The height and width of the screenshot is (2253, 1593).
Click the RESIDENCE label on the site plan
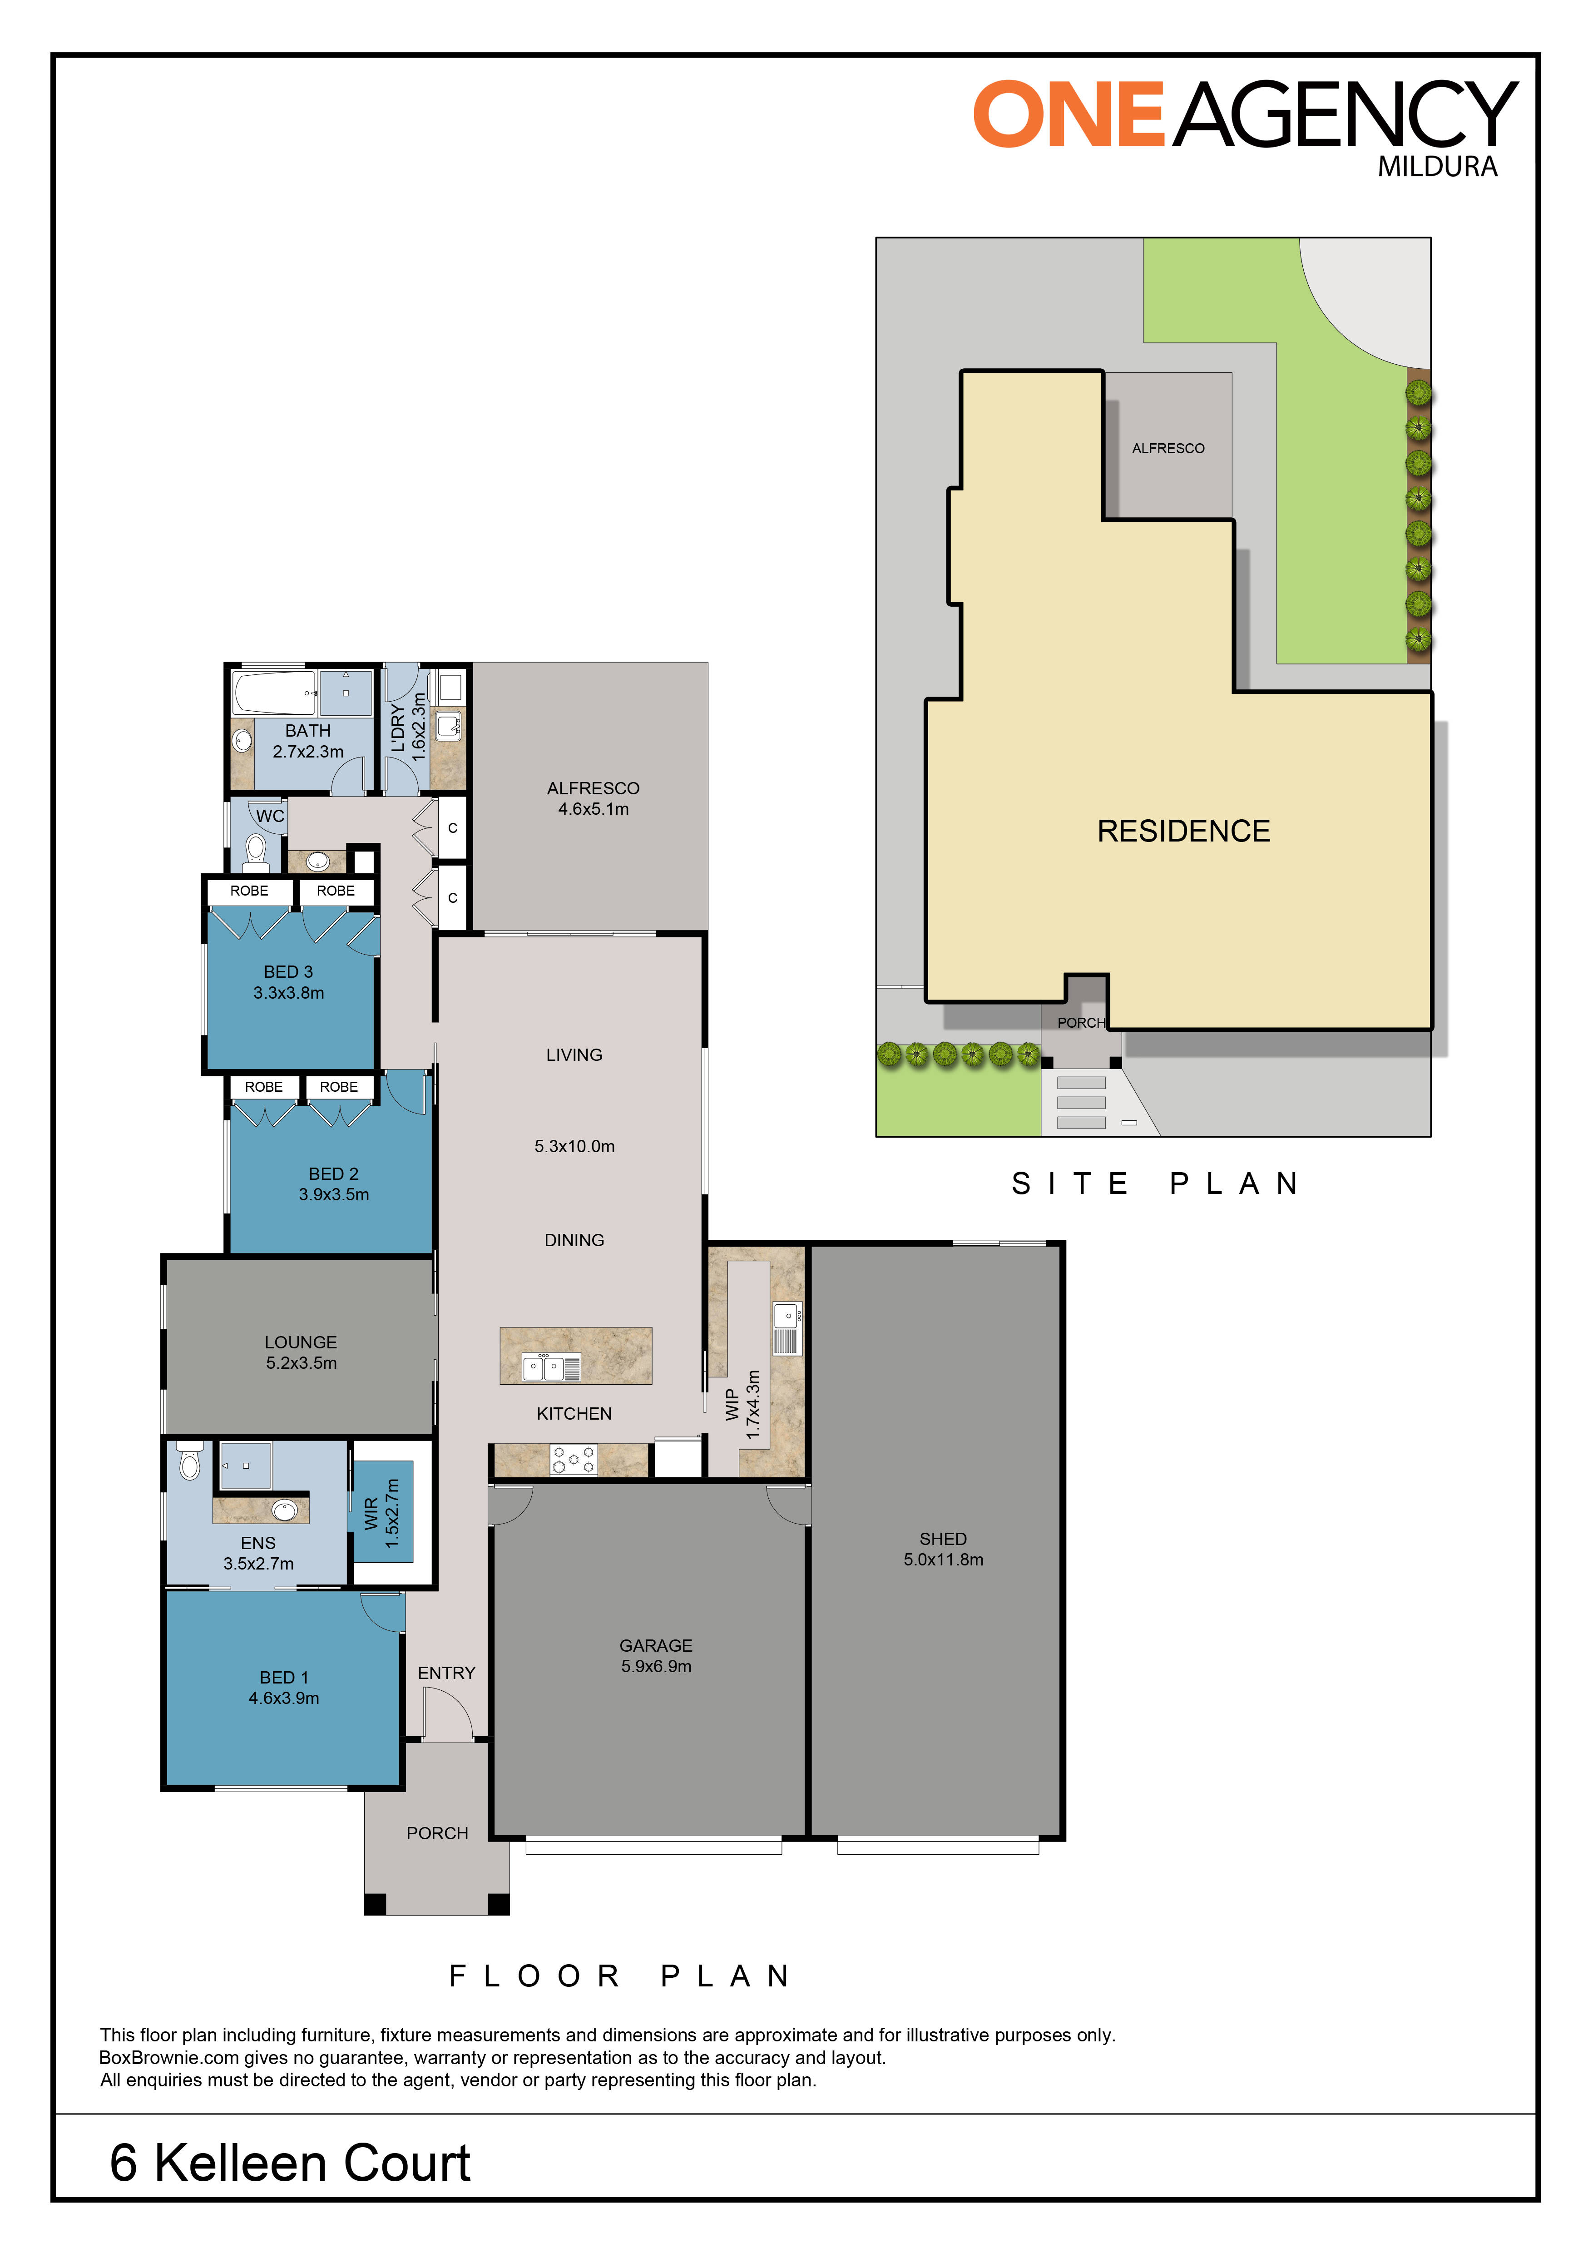1183,831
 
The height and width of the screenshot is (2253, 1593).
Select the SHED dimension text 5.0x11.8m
943,1559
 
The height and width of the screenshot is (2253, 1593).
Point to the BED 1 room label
283,1677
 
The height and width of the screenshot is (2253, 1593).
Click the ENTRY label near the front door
446,1672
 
